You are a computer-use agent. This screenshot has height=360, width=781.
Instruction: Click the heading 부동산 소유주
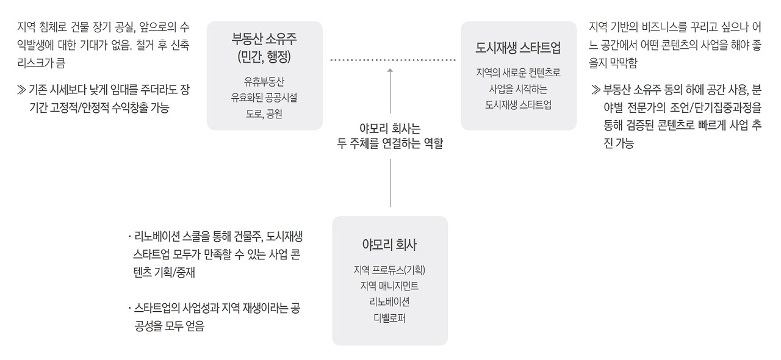click(x=264, y=38)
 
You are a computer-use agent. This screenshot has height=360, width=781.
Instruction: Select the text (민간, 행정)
click(x=264, y=57)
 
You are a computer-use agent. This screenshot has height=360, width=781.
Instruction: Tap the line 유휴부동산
click(x=264, y=82)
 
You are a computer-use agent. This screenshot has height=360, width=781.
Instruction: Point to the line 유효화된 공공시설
click(x=264, y=98)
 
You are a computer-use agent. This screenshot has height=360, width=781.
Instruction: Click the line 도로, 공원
click(x=264, y=113)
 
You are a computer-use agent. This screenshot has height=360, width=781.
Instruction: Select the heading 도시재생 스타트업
click(x=518, y=48)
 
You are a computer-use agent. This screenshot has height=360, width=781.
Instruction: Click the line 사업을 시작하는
click(x=518, y=89)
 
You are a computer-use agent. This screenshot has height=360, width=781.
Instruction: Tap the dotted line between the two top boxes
click(x=393, y=60)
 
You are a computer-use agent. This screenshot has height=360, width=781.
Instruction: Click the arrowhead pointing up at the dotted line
click(x=390, y=70)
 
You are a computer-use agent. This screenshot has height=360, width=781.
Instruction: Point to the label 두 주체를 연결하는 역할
click(x=390, y=143)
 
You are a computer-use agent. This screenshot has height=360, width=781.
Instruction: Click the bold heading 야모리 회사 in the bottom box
click(x=389, y=245)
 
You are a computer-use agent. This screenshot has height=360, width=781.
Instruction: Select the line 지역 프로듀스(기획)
click(x=389, y=270)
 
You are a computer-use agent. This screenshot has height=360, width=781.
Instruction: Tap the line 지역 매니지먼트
click(x=389, y=286)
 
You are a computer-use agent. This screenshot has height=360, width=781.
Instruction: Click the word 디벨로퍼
click(x=389, y=318)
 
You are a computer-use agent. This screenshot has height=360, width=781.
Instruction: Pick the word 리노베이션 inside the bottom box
click(x=389, y=302)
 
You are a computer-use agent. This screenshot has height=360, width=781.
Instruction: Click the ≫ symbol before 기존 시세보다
click(x=21, y=90)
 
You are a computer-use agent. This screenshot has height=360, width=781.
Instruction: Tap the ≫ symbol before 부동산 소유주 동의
click(x=596, y=90)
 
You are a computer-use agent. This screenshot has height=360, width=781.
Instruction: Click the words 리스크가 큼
click(x=41, y=63)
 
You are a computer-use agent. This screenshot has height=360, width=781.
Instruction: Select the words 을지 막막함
click(x=613, y=63)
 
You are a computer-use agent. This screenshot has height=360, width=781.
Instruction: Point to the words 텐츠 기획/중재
click(x=164, y=272)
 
